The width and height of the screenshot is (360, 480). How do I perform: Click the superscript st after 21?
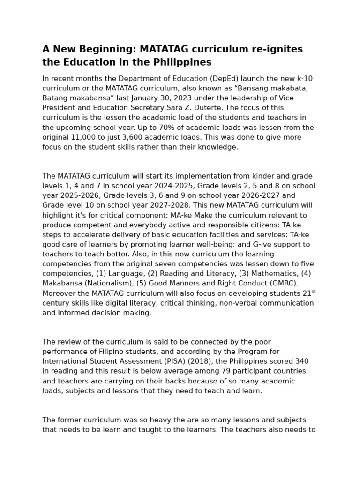pyautogui.click(x=314, y=292)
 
